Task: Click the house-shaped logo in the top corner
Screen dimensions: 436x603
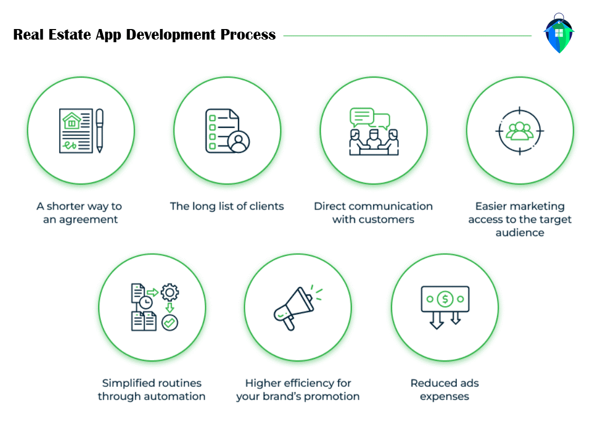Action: tap(559, 33)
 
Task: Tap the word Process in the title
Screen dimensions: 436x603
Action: tap(248, 35)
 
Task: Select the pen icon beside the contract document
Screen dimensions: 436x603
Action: tap(99, 130)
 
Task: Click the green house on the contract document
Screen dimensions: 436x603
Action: tap(72, 121)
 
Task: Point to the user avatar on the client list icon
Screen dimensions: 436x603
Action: tap(239, 141)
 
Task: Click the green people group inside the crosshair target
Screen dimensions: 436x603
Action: tap(520, 130)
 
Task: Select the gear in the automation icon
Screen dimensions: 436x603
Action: tap(170, 292)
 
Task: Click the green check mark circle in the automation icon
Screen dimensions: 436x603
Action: tap(170, 322)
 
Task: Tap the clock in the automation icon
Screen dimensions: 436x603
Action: tap(145, 302)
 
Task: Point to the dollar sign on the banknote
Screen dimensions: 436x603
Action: tap(445, 299)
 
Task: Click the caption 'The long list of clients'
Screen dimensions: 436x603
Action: tap(227, 206)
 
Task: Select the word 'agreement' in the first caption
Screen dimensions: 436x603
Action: tap(88, 220)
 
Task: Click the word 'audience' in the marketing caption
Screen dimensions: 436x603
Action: tap(520, 233)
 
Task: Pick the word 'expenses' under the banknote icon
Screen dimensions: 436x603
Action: tap(444, 396)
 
